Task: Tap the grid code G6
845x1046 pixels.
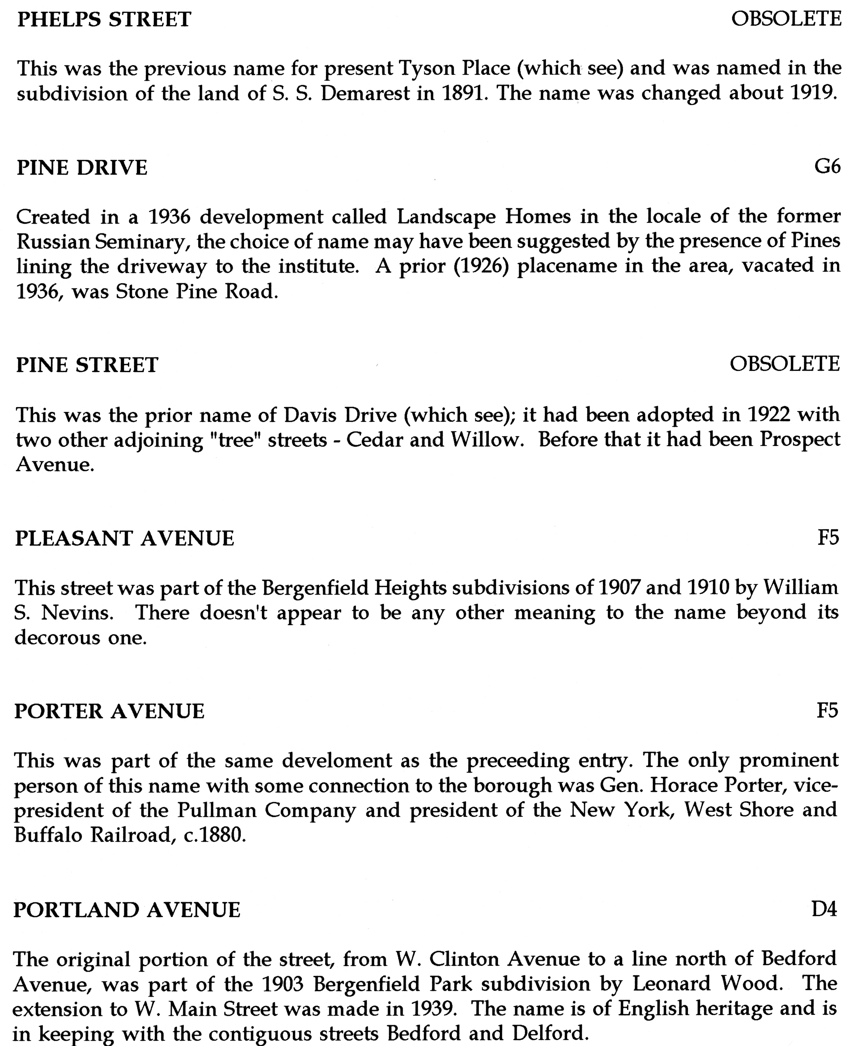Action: [827, 167]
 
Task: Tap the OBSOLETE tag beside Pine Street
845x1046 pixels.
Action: [785, 364]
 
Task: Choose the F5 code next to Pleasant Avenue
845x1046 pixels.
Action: [828, 538]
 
